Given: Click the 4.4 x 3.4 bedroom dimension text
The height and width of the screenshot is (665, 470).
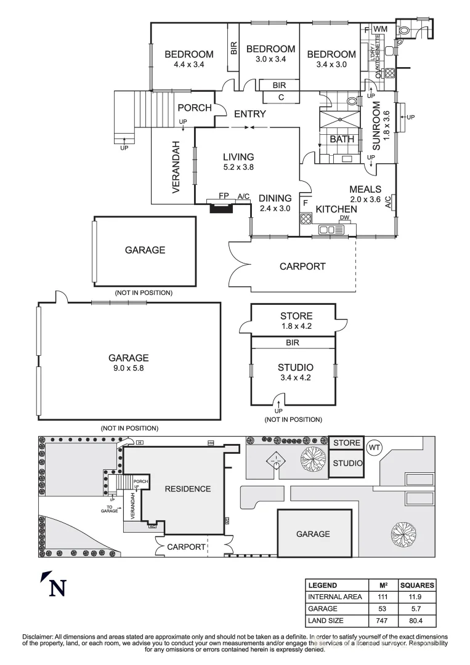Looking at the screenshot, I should click(x=188, y=64).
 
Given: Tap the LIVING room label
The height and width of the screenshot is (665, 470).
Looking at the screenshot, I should click(x=238, y=157).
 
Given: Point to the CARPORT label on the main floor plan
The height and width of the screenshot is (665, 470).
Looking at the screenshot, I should click(x=302, y=267).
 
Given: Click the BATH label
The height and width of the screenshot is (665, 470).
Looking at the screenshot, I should click(x=342, y=139).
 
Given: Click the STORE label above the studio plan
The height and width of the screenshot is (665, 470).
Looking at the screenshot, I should click(x=296, y=316).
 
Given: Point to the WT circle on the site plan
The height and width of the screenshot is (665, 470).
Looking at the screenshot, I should click(x=374, y=445).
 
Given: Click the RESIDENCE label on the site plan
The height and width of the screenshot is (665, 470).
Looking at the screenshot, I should click(x=187, y=489).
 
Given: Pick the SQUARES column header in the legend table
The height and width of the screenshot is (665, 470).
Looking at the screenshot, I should click(x=416, y=585).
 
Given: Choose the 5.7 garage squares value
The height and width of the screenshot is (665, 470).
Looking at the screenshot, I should click(x=416, y=608).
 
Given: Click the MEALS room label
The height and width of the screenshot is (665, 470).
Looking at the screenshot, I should click(x=365, y=189).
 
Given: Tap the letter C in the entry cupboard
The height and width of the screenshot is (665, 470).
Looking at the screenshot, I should click(x=280, y=97).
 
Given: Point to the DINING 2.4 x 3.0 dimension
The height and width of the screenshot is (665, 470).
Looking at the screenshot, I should click(x=275, y=208).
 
